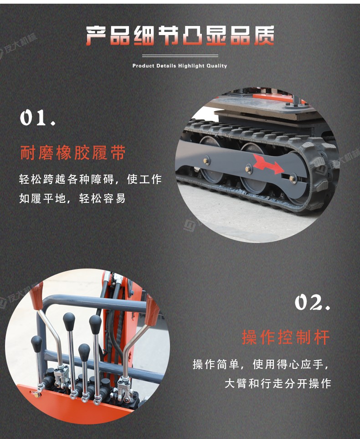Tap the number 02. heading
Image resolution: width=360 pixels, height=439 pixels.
point(312,302)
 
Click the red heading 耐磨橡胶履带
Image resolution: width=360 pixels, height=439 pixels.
point(72,153)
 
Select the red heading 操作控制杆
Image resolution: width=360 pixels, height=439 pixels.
point(286,337)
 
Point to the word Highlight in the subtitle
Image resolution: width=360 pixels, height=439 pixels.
point(191,66)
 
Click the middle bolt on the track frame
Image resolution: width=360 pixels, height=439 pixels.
point(248,169)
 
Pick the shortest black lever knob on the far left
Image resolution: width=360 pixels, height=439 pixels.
point(36,342)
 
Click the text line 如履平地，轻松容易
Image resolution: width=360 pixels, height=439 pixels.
point(72,199)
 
